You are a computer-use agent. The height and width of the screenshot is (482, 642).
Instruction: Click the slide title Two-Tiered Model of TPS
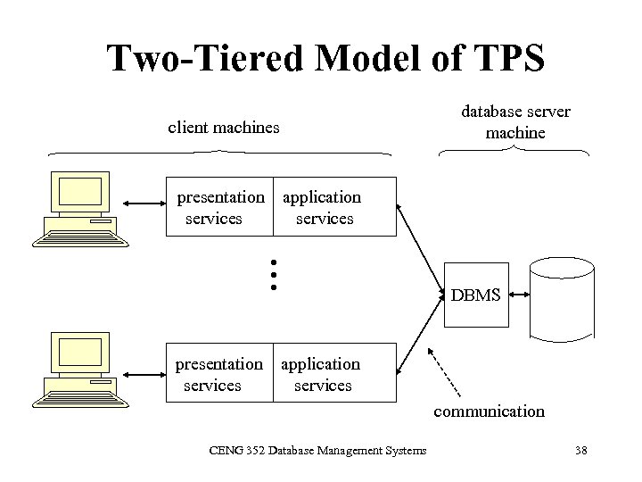point(325,59)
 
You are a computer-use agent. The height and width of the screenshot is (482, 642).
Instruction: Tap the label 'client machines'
point(224,128)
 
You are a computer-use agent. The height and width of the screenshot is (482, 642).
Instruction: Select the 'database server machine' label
point(515,122)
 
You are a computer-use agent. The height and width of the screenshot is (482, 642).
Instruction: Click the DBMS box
point(475,295)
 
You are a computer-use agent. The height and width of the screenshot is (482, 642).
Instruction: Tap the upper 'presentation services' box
point(220,208)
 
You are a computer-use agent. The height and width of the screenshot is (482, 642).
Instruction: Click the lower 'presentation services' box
point(220,375)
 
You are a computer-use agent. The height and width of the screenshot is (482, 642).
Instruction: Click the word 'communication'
point(489,411)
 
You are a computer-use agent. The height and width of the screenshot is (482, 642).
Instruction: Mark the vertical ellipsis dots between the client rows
point(275,274)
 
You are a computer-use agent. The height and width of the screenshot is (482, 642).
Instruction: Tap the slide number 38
point(580,450)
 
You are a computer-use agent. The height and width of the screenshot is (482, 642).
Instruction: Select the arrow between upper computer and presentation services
point(144,201)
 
